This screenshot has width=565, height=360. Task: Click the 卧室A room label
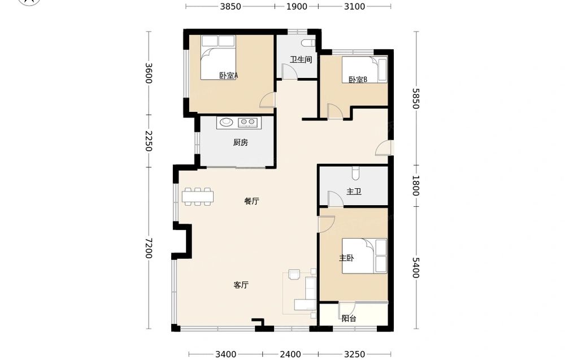point(229,76)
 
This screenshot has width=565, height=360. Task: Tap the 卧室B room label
point(358,80)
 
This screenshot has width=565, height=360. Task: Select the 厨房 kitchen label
point(240,143)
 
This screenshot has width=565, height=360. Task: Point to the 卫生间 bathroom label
point(301,60)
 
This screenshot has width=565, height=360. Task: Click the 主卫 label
point(354,192)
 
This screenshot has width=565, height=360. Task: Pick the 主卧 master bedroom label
point(346,258)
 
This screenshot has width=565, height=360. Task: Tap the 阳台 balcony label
point(349,319)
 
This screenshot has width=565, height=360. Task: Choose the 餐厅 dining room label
point(251,201)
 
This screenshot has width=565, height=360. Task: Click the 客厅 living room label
point(241,285)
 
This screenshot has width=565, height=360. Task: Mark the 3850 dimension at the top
point(231,6)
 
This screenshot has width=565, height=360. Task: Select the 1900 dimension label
point(297,6)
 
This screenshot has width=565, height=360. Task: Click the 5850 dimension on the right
point(416,98)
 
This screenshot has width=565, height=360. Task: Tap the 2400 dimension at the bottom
point(290,354)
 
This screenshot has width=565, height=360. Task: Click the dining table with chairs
point(197,197)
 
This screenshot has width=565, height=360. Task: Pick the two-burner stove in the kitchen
point(247,123)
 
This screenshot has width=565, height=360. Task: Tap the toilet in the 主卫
point(355,173)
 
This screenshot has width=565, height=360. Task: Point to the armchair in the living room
point(294,275)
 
